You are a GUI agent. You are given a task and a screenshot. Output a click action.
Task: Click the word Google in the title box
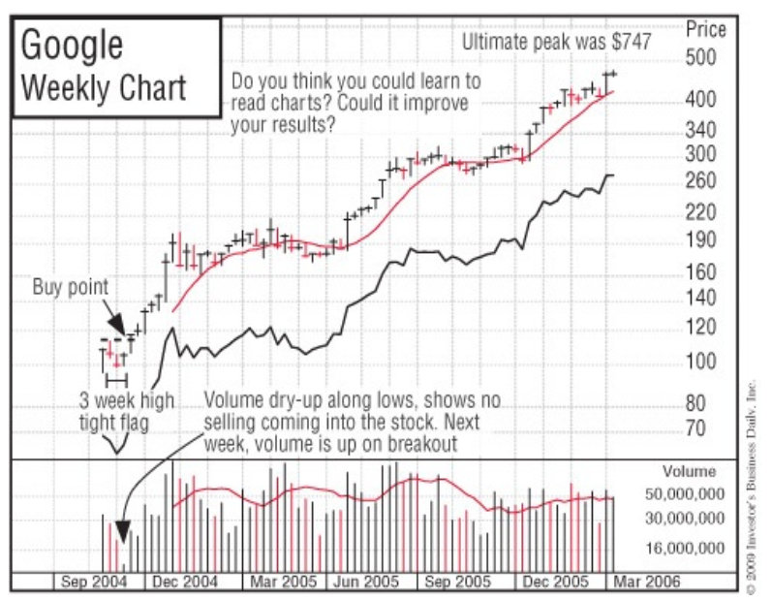click(x=72, y=45)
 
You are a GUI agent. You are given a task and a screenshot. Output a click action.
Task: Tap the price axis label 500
click(x=700, y=57)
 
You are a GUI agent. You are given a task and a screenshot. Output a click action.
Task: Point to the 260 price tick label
click(x=700, y=180)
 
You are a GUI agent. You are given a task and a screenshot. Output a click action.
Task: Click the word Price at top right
click(x=705, y=29)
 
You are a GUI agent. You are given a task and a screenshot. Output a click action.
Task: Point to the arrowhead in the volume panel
click(x=122, y=531)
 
